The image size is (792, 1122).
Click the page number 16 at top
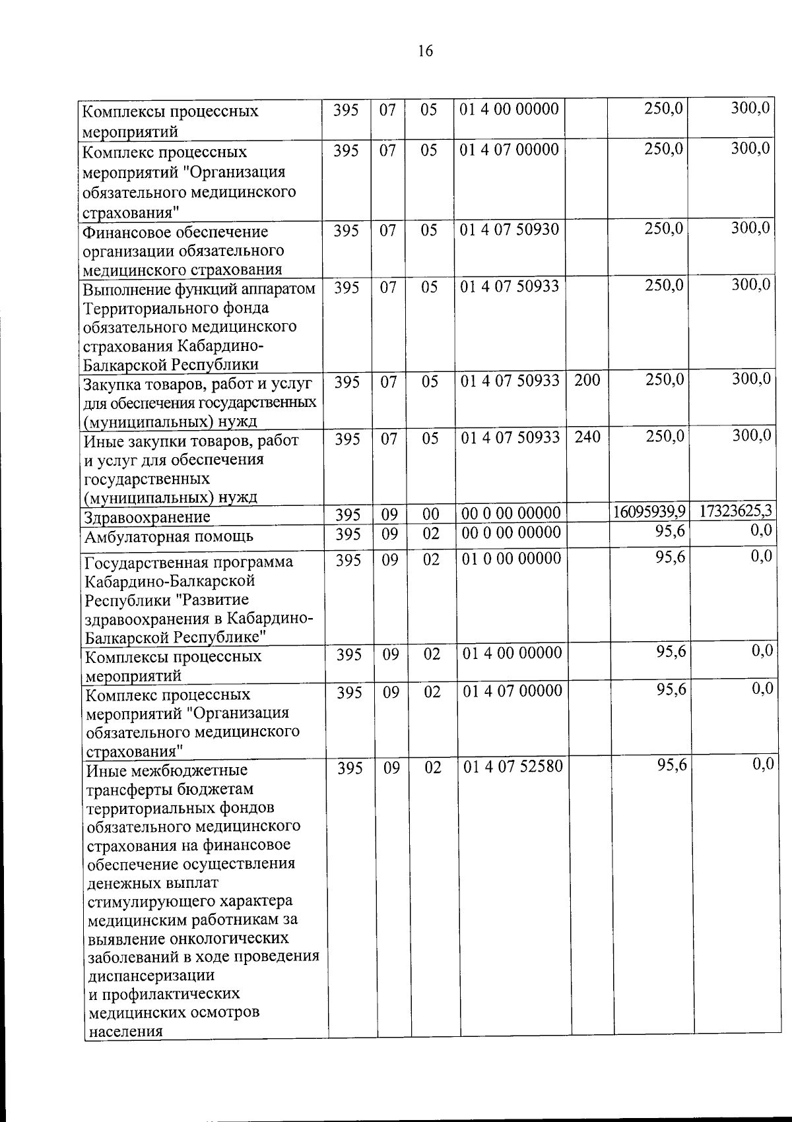(x=425, y=51)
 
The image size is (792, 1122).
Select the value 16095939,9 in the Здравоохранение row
(x=649, y=512)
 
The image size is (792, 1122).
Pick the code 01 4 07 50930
(x=510, y=230)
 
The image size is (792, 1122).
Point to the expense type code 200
(x=586, y=381)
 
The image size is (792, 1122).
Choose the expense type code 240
(x=587, y=437)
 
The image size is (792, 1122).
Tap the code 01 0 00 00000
(x=511, y=559)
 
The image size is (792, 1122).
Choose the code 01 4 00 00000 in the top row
(x=510, y=109)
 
